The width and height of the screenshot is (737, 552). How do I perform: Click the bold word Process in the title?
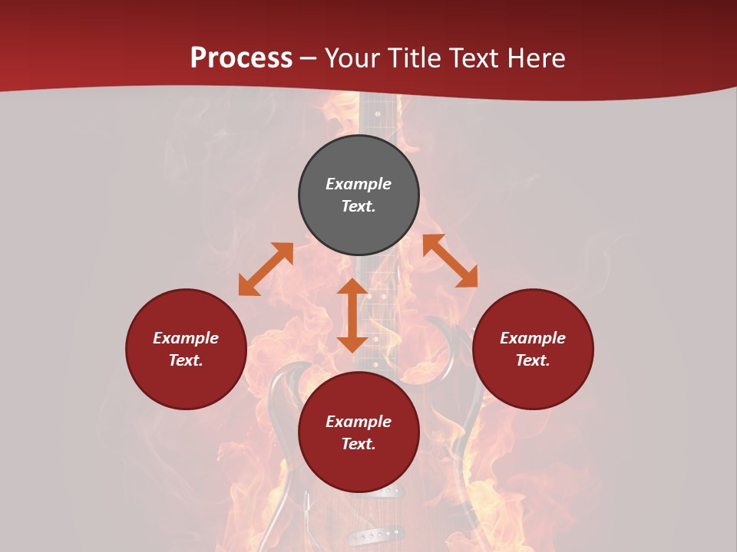[x=241, y=58]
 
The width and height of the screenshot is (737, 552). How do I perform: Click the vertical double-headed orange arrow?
[x=352, y=315]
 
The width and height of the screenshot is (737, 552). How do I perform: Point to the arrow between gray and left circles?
[x=266, y=268]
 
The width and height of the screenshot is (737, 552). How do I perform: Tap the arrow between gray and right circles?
[x=450, y=261]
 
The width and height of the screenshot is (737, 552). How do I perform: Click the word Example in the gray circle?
[x=359, y=184]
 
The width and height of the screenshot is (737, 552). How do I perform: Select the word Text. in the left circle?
[x=186, y=360]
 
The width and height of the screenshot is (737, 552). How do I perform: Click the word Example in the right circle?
[x=533, y=338]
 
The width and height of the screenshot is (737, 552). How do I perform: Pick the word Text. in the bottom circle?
[x=359, y=444]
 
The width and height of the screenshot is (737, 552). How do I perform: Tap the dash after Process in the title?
[x=309, y=59]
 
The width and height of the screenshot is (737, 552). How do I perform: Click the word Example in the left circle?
[x=186, y=338]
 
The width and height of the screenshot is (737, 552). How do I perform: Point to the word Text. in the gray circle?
[x=359, y=206]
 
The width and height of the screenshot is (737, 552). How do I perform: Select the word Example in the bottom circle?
[x=359, y=422]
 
